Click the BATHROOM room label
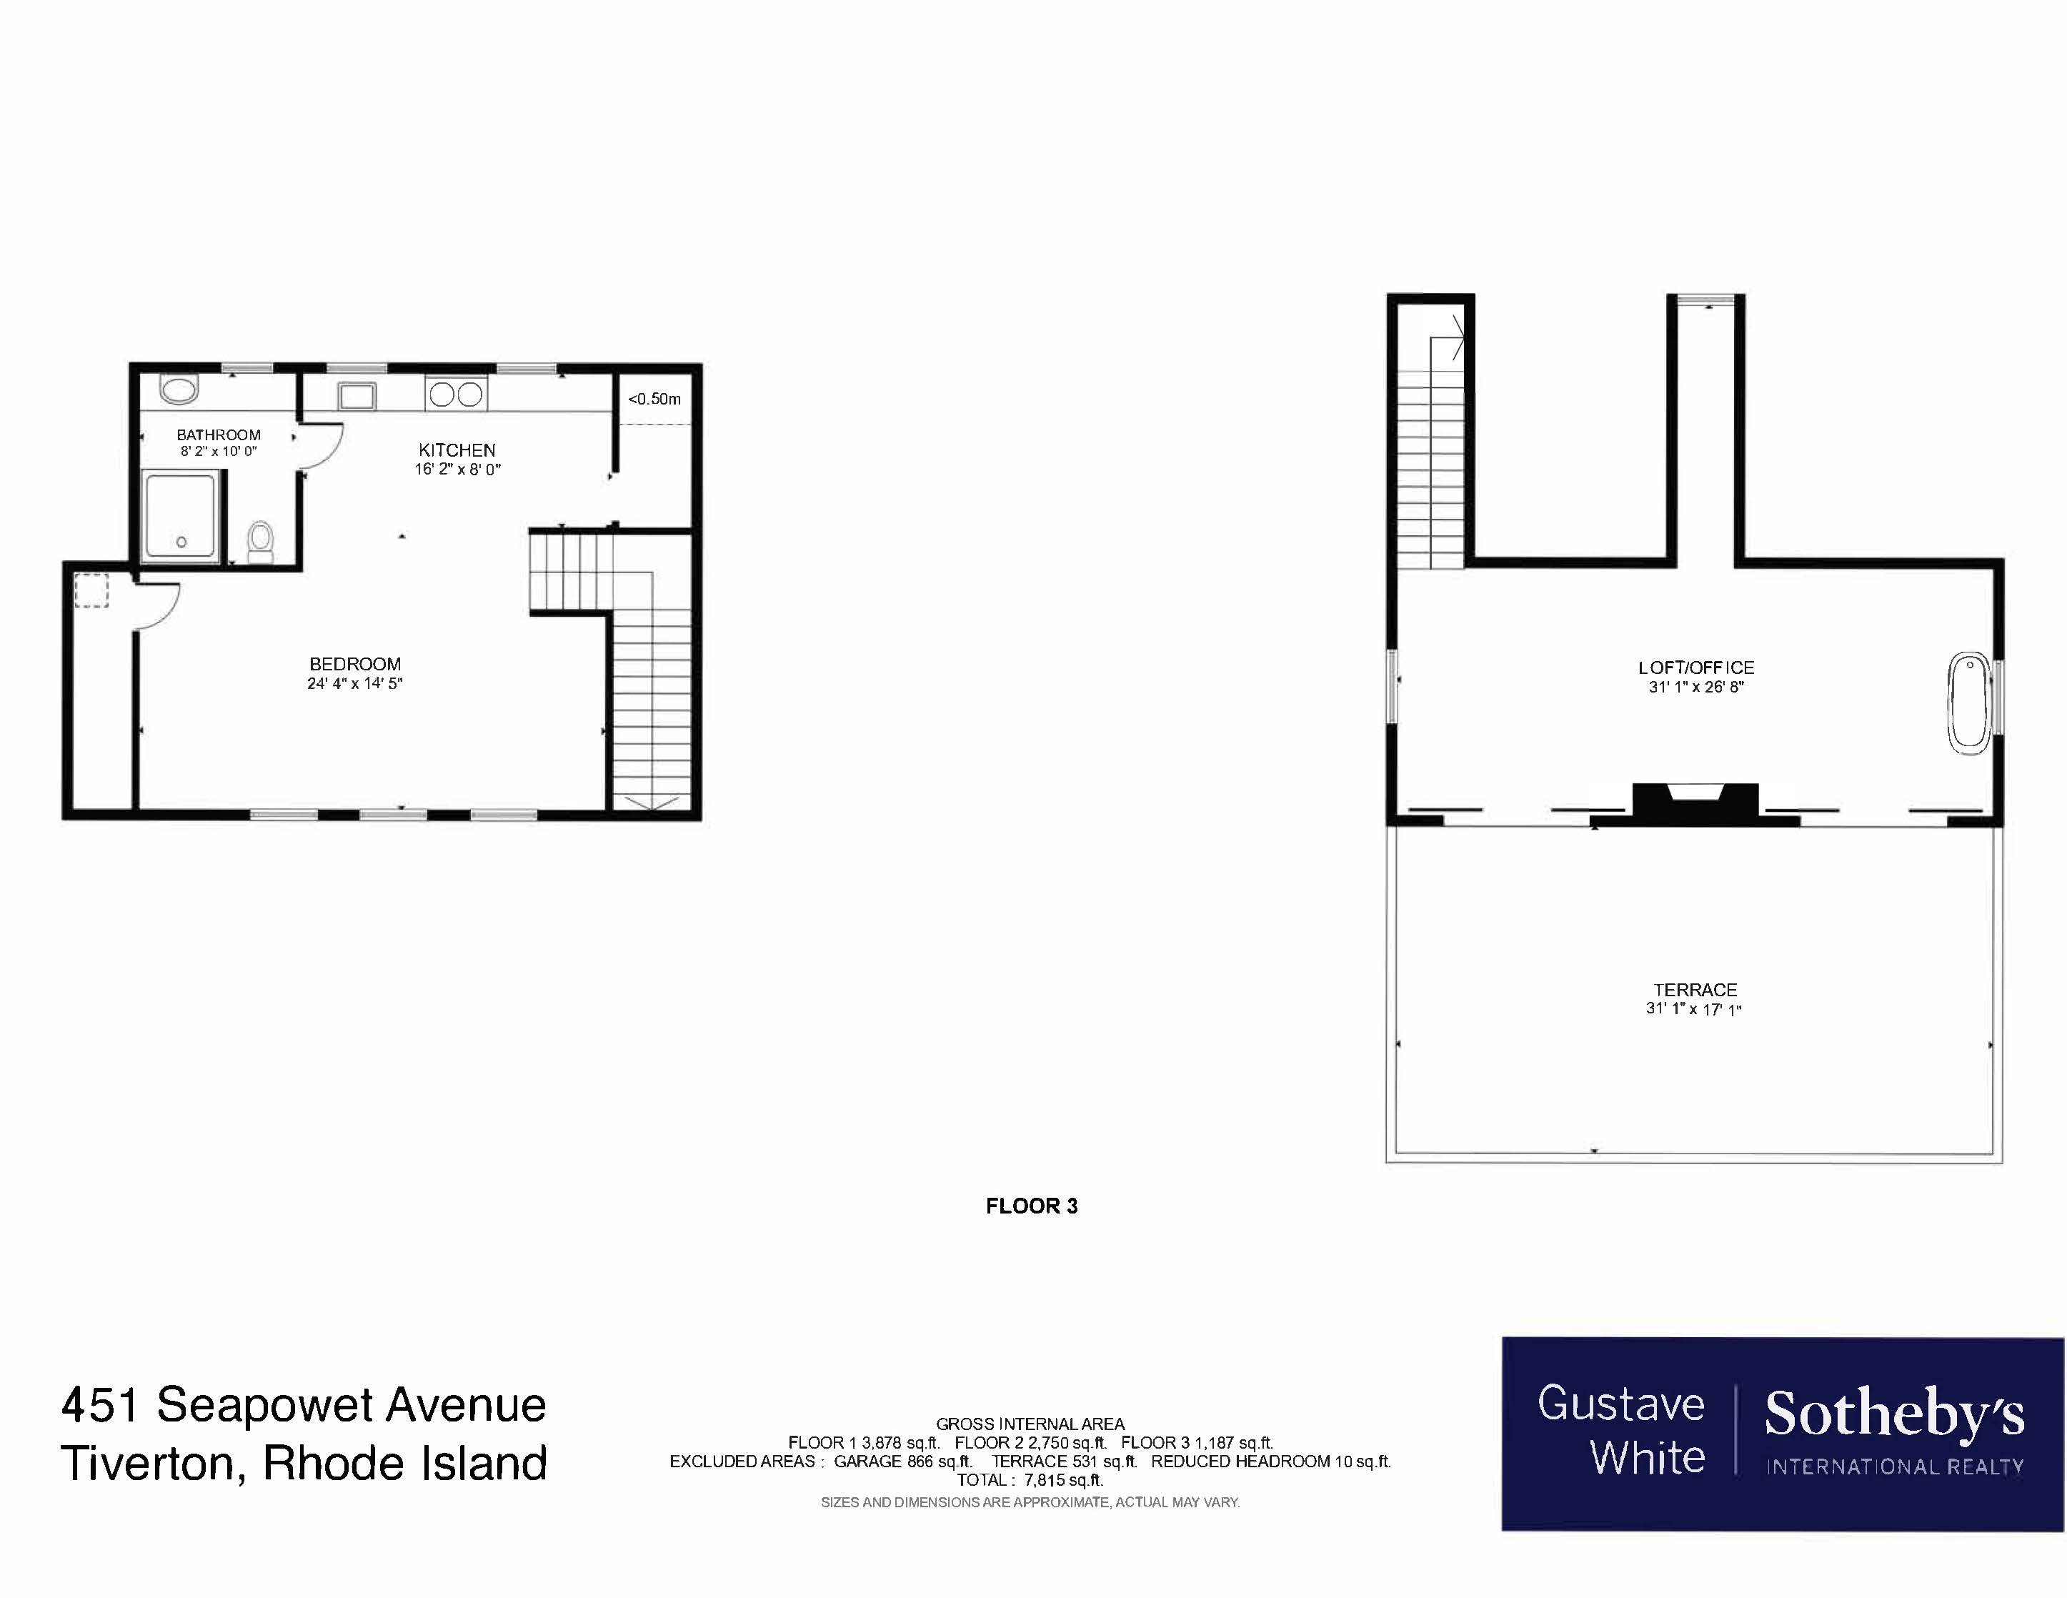219,435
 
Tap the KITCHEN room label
457,450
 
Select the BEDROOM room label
355,664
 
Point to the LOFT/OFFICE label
1696,668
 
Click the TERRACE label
1695,989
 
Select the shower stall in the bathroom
181,518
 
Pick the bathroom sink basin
178,389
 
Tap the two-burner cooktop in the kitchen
456,394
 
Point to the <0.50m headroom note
654,399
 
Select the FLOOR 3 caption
1032,1206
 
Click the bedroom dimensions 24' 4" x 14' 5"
355,683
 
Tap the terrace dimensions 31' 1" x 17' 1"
1694,1009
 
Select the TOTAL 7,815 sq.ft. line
1030,1479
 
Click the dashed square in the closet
91,591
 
